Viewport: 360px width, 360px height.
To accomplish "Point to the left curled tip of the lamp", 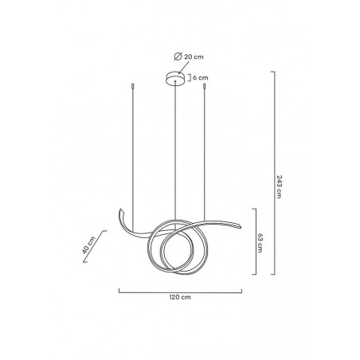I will (x=121, y=213).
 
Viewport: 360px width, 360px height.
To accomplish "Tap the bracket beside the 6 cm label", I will (x=186, y=78).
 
